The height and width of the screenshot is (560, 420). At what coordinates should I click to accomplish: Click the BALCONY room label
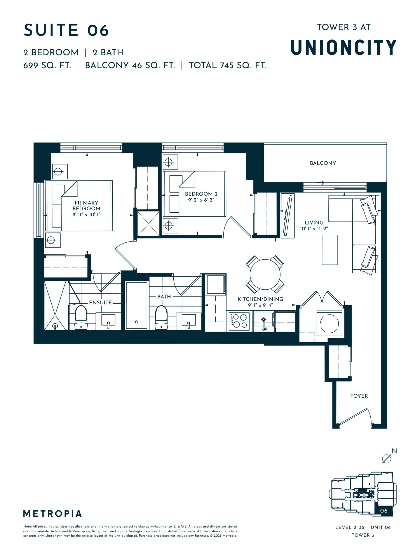(323, 163)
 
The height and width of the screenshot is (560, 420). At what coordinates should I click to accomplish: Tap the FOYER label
(359, 396)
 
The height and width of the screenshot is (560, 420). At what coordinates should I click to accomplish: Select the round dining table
(265, 275)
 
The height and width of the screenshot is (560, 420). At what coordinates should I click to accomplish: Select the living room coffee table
(329, 250)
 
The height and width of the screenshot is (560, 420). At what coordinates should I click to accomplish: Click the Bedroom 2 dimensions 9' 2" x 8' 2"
(201, 200)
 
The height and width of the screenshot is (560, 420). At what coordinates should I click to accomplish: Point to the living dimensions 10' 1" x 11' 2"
(314, 229)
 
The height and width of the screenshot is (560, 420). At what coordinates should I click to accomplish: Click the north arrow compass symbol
(387, 459)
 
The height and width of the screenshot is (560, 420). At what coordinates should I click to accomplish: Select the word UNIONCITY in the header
(343, 47)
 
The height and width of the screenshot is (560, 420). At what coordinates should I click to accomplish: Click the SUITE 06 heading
(66, 30)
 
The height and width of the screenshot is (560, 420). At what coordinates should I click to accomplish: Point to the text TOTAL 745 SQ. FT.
(228, 66)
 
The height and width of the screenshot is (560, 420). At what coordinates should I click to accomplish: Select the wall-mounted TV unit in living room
(288, 215)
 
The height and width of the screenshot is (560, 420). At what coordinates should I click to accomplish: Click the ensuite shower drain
(55, 326)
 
